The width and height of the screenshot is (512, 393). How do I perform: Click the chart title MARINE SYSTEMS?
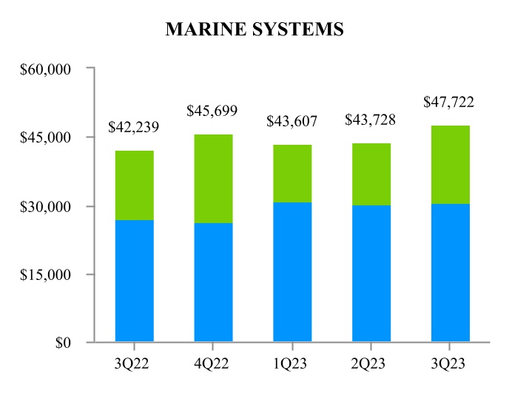coord(255,29)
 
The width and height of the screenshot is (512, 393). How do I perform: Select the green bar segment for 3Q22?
coord(134,185)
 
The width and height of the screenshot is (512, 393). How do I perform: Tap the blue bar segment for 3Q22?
coord(134,281)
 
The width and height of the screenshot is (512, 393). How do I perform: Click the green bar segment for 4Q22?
coord(213,179)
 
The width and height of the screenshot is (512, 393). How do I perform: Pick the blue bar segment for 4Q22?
coord(213,282)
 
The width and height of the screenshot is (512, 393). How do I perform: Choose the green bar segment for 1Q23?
coord(292,174)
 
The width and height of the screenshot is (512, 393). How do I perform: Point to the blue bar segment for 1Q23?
coord(292,272)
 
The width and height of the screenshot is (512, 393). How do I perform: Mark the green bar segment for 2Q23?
coord(371,174)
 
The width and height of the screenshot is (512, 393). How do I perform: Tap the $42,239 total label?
coord(134,126)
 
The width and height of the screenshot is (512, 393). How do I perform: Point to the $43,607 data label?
coord(292,120)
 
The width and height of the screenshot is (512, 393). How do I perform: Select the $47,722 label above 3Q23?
coord(449,102)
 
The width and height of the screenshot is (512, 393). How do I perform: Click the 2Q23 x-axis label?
coord(371,363)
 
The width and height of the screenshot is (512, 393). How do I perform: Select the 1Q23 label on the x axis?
coord(292,363)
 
